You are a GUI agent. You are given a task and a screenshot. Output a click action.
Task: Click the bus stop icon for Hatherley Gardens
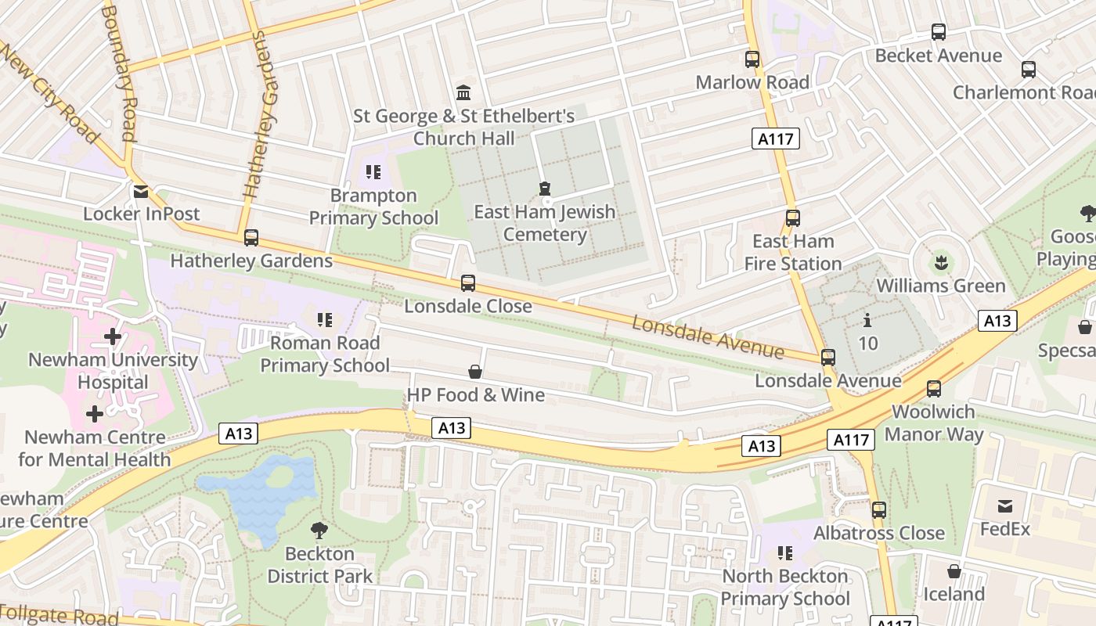(x=251, y=237)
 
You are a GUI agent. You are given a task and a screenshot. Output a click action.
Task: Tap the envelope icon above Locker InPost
(x=141, y=192)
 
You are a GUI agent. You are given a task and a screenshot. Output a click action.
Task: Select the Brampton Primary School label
(x=373, y=207)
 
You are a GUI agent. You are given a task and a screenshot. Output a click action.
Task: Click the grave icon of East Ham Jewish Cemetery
(x=544, y=189)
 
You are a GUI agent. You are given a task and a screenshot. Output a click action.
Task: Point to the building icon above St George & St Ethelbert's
(x=463, y=93)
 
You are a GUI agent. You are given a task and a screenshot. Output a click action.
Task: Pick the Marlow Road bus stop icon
(x=752, y=59)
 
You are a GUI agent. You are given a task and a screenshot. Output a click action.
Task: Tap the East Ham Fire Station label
(x=792, y=252)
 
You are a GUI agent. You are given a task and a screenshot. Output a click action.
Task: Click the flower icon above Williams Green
(x=941, y=262)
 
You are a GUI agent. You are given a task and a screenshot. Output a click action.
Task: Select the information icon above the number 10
(x=867, y=321)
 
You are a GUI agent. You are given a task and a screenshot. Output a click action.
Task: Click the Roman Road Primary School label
(x=324, y=354)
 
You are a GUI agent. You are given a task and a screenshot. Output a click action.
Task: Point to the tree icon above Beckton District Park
(x=319, y=531)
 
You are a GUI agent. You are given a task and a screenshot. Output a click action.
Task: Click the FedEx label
(x=1005, y=529)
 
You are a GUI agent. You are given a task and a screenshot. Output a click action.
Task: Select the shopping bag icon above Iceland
(x=954, y=571)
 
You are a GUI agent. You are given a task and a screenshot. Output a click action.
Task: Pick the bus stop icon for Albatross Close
(x=879, y=510)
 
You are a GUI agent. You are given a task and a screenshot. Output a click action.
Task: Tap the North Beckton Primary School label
(x=785, y=587)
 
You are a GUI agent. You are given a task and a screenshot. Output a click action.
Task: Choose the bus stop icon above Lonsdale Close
(x=468, y=282)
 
